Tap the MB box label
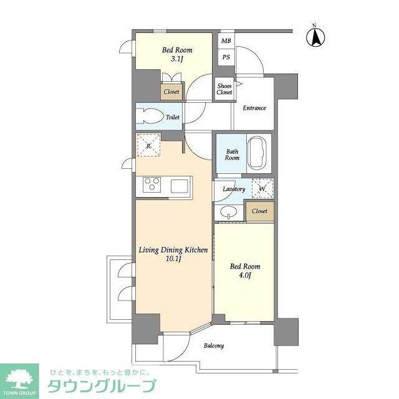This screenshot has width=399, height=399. point(225,41)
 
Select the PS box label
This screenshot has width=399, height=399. point(225,57)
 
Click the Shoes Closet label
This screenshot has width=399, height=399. point(224,89)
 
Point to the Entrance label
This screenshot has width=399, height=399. point(254,108)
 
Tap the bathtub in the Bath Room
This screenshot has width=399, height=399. point(257,153)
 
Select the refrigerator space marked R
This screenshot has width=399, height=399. point(148,146)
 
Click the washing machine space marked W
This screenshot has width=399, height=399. point(262,188)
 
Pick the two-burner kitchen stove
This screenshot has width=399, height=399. point(152,185)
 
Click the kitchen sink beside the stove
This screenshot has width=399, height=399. point(180,186)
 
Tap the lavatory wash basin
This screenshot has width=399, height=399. point(229,212)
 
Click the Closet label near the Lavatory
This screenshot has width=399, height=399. point(259,211)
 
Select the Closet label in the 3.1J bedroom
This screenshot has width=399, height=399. point(171,92)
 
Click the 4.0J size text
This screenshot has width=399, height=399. point(245,276)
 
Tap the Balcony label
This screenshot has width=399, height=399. point(214,345)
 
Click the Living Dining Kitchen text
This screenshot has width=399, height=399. point(173,250)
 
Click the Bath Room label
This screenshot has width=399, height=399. point(232,154)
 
